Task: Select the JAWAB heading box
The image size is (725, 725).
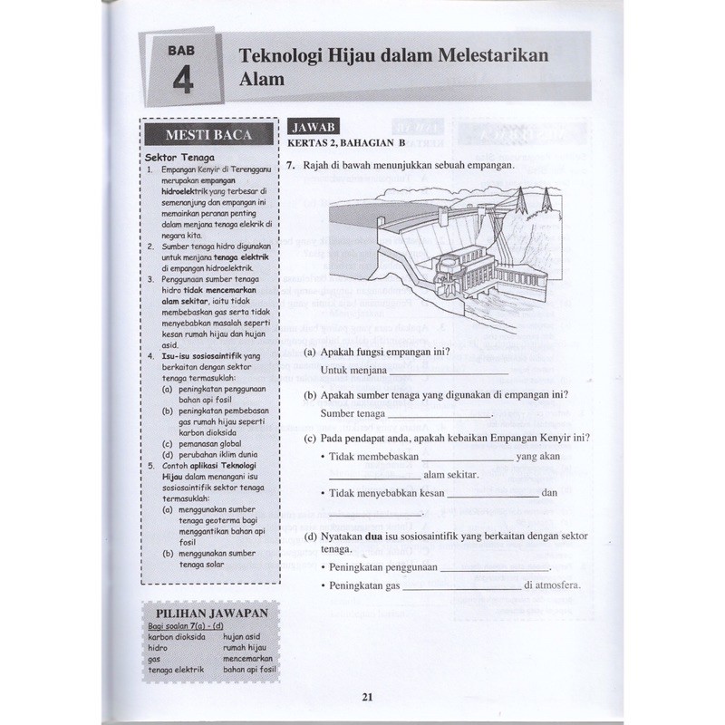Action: [x=314, y=129]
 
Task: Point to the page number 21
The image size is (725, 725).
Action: [x=367, y=697]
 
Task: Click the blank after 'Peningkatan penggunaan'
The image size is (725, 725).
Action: [x=495, y=567]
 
